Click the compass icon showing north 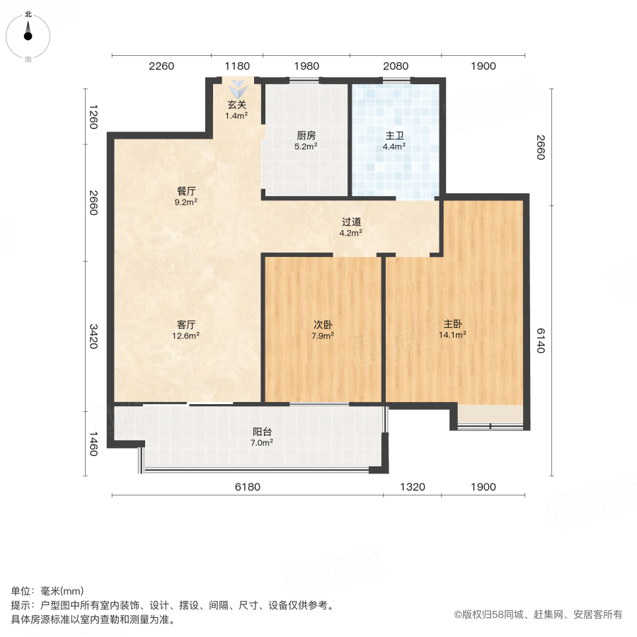click(28, 33)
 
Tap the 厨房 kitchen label click(306, 137)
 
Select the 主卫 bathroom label click(394, 137)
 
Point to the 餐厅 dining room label click(186, 191)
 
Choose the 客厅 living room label click(186, 325)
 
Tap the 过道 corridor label click(351, 222)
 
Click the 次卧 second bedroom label click(323, 325)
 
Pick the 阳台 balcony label click(263, 432)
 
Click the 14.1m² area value click(455, 335)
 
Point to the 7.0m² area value click(263, 442)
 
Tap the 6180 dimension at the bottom click(248, 487)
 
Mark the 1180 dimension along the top click(237, 67)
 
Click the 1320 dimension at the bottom click(412, 487)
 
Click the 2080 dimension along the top click(396, 67)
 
